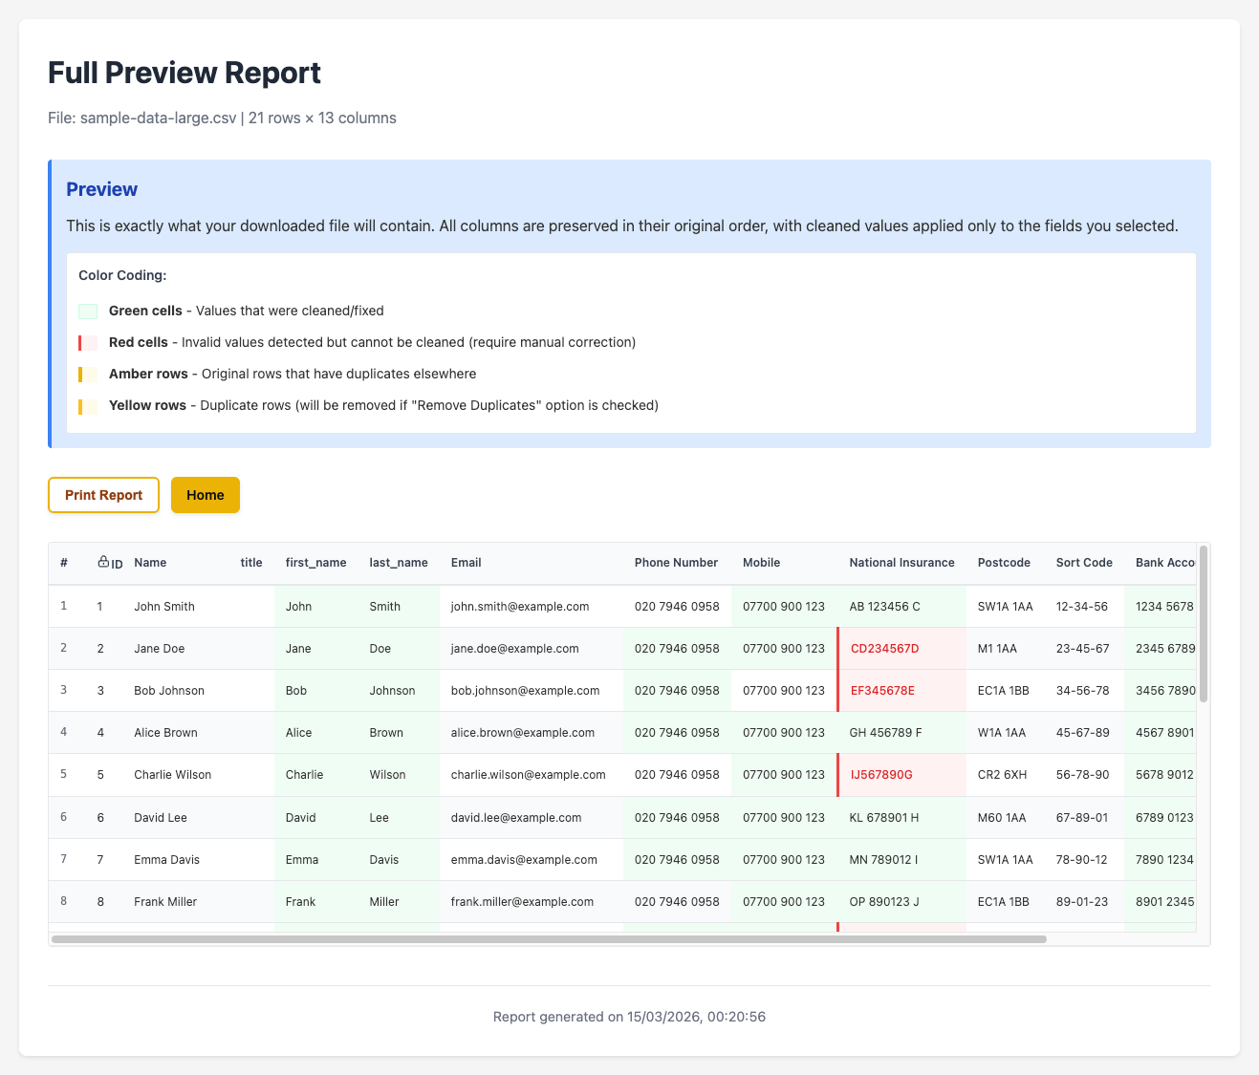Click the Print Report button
tap(103, 495)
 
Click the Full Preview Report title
tap(184, 74)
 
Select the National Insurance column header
tap(901, 563)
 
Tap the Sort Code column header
tap(1084, 563)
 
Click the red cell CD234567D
tap(884, 649)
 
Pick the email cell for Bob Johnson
tap(525, 691)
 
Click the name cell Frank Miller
tap(165, 901)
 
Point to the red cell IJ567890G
tap(881, 775)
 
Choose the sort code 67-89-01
tap(1082, 818)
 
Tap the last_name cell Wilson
tap(387, 775)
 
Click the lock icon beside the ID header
tap(103, 562)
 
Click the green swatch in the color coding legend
tap(88, 312)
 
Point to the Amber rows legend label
tap(148, 374)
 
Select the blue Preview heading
tap(101, 189)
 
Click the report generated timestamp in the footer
tap(629, 1017)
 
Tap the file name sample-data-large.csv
tap(158, 118)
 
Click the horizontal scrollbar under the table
tap(549, 939)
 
